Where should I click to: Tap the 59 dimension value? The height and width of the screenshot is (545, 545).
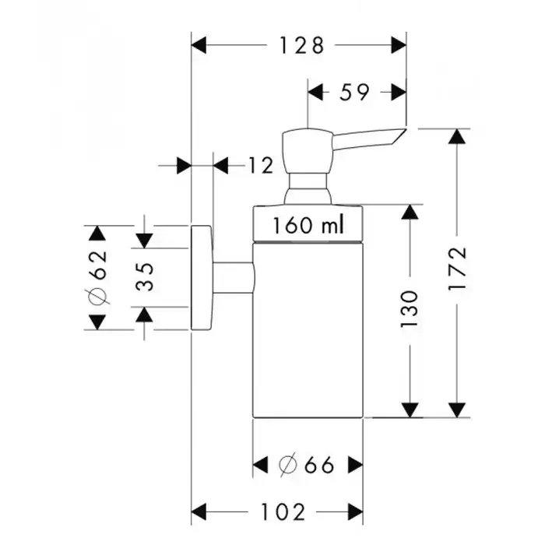[x=355, y=93]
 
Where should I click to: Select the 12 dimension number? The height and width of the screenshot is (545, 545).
[x=262, y=165]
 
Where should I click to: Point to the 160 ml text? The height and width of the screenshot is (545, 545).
[x=308, y=226]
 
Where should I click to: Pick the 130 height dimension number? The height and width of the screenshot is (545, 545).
[x=410, y=308]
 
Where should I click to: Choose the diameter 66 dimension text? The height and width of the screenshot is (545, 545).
[x=308, y=466]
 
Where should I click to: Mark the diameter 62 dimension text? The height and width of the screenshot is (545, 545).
[x=97, y=278]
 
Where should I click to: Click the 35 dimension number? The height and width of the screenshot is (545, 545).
[x=146, y=276]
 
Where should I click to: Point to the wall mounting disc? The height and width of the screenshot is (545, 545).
[x=202, y=278]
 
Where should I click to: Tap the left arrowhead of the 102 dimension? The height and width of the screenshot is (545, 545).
[x=200, y=512]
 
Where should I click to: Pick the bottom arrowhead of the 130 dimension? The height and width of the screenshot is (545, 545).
[x=410, y=410]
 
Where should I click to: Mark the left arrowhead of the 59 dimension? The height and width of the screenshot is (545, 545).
[x=315, y=93]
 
